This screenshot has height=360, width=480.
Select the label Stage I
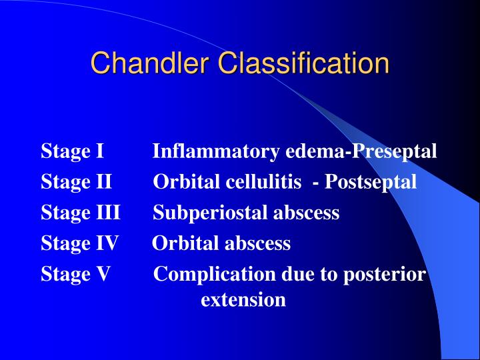pos(72,151)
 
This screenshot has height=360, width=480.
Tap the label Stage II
pos(75,182)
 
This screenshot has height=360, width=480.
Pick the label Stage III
pos(80,213)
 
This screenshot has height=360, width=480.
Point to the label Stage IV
pos(79,243)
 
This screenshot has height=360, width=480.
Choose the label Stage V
pos(75,274)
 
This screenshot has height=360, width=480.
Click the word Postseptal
pos(371,182)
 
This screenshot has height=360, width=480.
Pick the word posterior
pos(385,274)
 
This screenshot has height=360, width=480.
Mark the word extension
pos(243,300)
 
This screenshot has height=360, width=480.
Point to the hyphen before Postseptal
pos(314,182)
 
